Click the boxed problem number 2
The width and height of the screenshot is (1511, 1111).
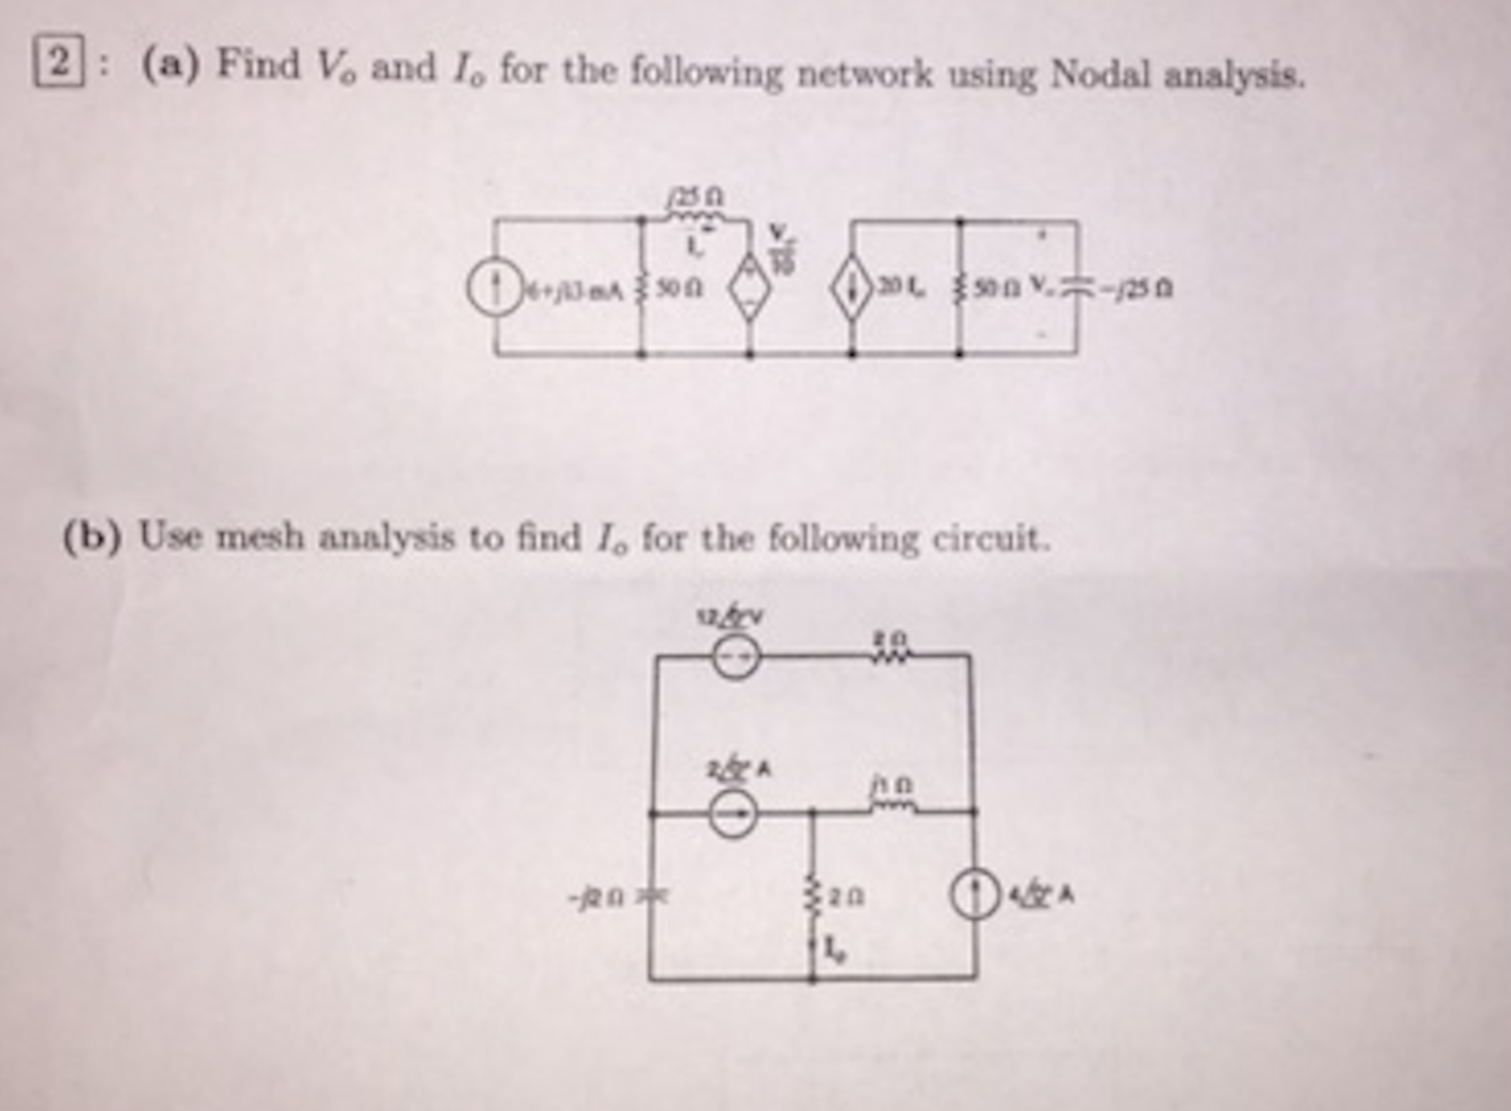tap(58, 63)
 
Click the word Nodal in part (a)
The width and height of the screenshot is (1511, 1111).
tap(1100, 74)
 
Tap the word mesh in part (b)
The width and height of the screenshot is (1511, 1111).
tap(259, 537)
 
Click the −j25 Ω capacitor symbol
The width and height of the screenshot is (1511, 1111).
tap(1076, 289)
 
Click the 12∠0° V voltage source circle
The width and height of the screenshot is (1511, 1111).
tap(736, 656)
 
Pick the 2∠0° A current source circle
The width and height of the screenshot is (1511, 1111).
tap(733, 814)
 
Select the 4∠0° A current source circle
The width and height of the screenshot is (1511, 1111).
tap(975, 895)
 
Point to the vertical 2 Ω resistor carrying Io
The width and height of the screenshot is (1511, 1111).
tap(812, 897)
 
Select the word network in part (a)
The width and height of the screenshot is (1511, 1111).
tap(863, 74)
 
